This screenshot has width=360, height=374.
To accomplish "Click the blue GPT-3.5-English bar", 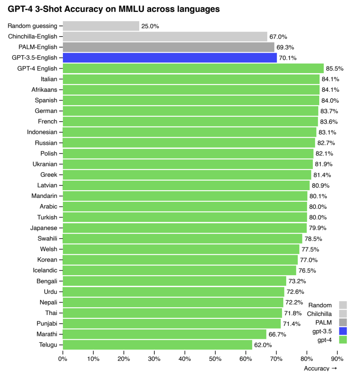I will tap(170, 58).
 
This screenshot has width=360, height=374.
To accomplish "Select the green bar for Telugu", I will tap(157, 345).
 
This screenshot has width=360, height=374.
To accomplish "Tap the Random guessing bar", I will tap(101, 26).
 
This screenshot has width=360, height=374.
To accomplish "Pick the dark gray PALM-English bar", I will tap(168, 47).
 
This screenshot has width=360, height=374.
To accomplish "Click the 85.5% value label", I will tap(335, 69).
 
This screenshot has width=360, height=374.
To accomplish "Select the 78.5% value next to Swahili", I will tap(313, 239).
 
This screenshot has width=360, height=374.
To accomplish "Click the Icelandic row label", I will tap(45, 270).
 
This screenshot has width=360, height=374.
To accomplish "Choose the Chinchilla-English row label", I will tap(32, 36).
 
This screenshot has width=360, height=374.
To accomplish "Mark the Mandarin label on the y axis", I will tap(44, 196).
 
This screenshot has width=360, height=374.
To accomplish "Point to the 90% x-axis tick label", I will tap(337, 359).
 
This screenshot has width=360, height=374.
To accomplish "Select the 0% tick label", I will tap(63, 359).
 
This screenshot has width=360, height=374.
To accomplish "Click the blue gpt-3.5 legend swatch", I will tap(343, 331).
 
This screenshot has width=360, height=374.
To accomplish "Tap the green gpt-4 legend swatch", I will tap(343, 340).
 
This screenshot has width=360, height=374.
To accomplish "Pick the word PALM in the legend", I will tap(324, 322).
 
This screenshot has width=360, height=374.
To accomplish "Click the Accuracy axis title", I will tap(316, 368).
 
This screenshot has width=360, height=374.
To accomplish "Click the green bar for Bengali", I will tap(174, 281).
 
